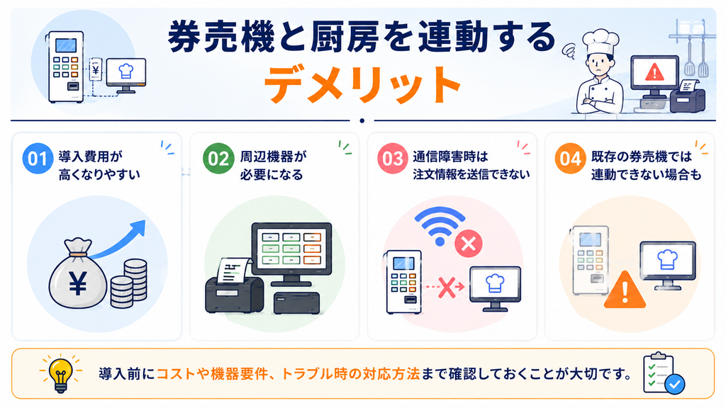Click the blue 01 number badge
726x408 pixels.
point(38,158)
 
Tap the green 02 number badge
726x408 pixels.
point(218,158)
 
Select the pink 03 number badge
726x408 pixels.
point(393,158)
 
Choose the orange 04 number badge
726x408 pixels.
point(570,158)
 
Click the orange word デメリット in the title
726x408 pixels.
point(362,86)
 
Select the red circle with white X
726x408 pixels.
point(469,244)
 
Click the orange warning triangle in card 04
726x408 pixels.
point(625,290)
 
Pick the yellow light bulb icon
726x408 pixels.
point(61,374)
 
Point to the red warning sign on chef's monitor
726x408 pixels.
point(654,72)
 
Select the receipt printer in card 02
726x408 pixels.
point(235,287)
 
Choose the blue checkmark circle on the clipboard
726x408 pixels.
point(675,384)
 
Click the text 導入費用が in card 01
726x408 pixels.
point(90,157)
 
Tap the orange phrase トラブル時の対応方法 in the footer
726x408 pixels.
point(350,373)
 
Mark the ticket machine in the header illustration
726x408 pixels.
point(66,67)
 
